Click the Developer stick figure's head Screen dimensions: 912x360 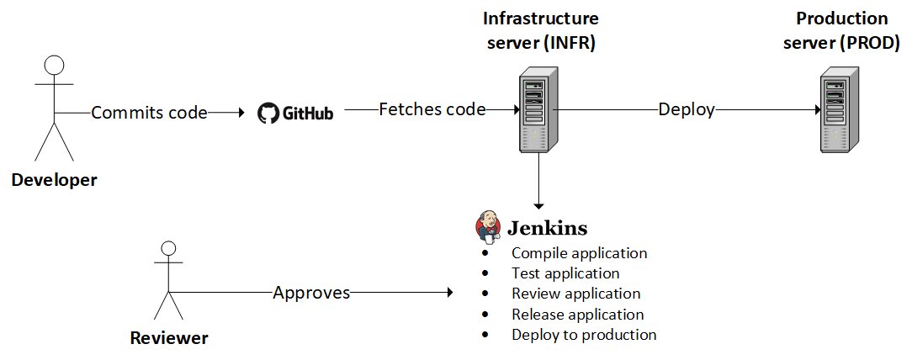coord(54,65)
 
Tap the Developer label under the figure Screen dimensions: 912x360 coord(54,180)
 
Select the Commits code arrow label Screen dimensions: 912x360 coord(149,112)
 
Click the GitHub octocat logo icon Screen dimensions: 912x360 coord(268,113)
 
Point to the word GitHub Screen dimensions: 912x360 coord(308,114)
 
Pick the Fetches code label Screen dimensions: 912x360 coord(432,109)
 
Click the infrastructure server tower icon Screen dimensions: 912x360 coord(538,109)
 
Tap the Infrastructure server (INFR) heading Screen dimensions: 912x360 coord(541,31)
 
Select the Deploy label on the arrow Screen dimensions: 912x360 coord(687,110)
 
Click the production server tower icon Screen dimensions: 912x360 coord(840,109)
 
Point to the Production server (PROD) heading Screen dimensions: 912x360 coord(841,31)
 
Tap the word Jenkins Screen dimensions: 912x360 coord(548,228)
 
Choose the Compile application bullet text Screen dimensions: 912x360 coord(580,253)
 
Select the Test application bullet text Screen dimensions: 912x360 coord(565,273)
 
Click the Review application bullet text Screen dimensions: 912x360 coord(575,293)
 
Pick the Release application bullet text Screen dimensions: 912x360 coord(577,314)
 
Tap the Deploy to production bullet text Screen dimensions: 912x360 coord(584,335)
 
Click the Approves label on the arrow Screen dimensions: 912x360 coord(312,292)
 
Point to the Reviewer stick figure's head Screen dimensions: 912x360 coord(168,248)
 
